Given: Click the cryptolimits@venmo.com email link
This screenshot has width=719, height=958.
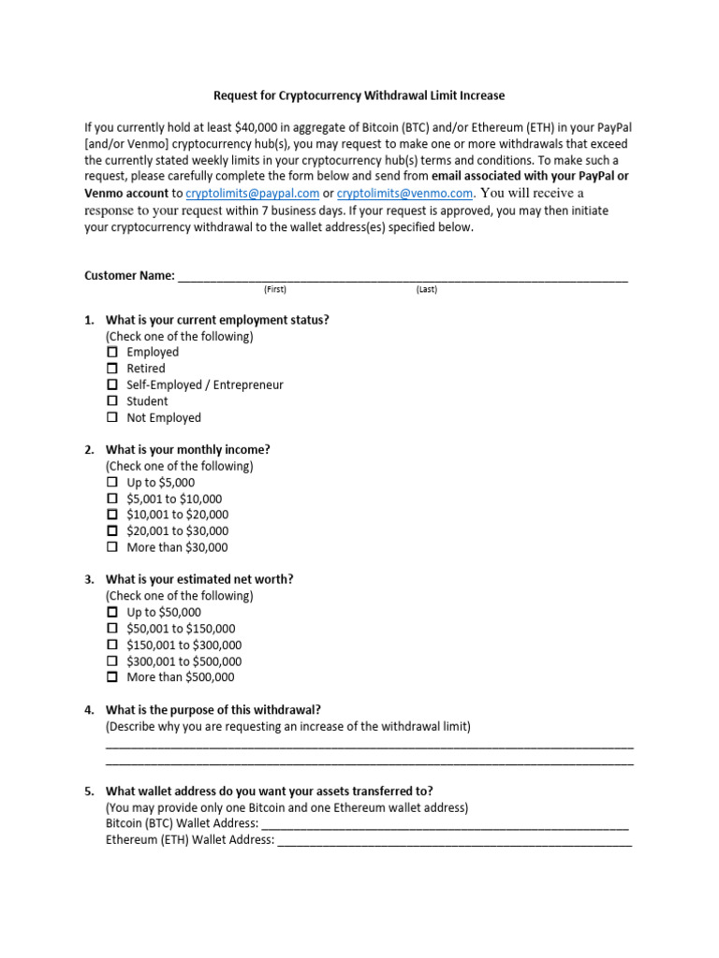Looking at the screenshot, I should coord(404,194).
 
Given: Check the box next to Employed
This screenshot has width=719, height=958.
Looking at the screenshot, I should coord(112,352).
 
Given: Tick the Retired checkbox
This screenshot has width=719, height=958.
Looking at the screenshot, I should coord(112,369).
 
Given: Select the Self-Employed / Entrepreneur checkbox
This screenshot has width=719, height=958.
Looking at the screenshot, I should coord(112,385).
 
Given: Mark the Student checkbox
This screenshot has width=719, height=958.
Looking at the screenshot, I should coord(112,401).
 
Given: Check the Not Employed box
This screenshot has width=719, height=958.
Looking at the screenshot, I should coord(112,417).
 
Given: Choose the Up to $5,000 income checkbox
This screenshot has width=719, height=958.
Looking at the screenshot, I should coord(112,483).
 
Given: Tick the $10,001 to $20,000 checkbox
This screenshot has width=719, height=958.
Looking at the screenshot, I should coord(112,515).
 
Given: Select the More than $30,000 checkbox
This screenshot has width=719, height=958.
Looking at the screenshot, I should coord(112,547).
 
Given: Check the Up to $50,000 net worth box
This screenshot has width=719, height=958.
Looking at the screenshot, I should coord(112,612).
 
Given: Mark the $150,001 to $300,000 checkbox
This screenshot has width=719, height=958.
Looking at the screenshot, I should coord(112,645).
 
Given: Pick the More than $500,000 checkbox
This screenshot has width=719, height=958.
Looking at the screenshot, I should coord(112,676).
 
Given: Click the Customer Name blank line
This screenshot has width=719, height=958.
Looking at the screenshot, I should coord(403,276).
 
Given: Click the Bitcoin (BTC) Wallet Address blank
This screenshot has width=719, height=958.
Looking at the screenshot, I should coord(445,823).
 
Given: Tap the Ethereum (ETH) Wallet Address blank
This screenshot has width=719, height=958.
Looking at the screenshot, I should coord(454,840).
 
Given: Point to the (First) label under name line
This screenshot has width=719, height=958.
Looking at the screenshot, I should coord(274,290).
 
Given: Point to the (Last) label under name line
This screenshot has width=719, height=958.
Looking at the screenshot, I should coord(426,290).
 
